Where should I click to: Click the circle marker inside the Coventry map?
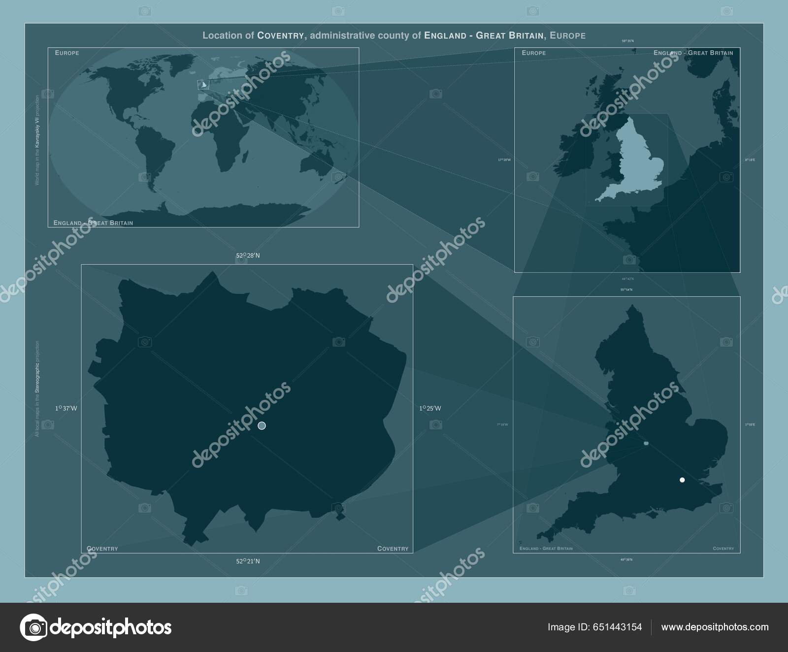(262, 425)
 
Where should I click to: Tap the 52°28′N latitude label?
(248, 256)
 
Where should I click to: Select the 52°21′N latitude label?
(248, 561)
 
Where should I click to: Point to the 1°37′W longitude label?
(66, 408)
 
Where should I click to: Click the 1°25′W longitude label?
(430, 408)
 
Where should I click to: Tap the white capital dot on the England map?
(682, 480)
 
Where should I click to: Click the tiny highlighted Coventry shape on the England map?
(646, 444)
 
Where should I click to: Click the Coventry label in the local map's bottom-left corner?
(102, 549)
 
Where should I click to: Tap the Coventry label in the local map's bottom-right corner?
(393, 549)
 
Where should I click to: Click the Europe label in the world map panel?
(67, 53)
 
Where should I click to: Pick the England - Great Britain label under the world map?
(93, 223)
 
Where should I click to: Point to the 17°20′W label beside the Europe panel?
(504, 160)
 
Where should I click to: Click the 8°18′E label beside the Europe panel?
(750, 160)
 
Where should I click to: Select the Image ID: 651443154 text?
(594, 627)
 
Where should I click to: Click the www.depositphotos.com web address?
(715, 627)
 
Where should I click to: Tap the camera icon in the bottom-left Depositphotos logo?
(33, 627)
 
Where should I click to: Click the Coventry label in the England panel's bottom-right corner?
(723, 549)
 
